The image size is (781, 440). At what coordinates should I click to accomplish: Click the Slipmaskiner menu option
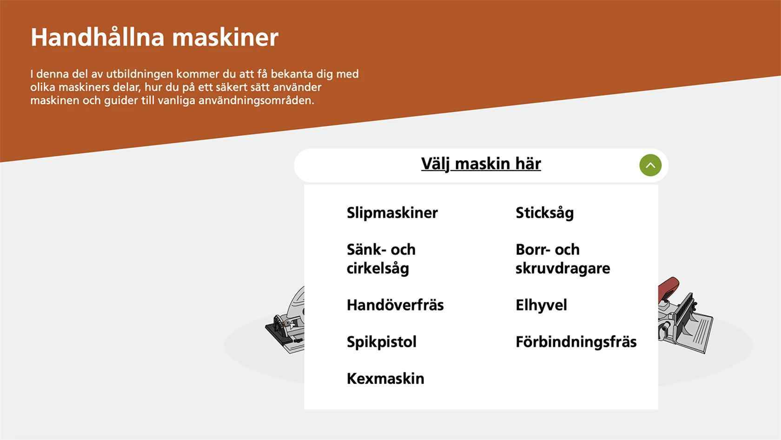coord(392,213)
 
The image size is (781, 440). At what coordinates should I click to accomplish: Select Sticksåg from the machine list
coord(544,213)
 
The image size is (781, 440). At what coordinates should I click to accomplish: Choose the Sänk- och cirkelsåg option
coord(381,259)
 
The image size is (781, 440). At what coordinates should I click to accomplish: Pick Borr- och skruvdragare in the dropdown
coord(563,259)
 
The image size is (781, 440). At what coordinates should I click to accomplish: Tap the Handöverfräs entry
coord(395,305)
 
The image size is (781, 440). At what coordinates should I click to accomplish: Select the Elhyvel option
coord(541,305)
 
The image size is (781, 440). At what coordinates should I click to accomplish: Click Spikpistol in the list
coord(381,342)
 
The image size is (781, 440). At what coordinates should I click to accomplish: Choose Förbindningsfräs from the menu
coord(576,342)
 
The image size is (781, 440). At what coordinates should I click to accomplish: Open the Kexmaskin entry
coord(385,379)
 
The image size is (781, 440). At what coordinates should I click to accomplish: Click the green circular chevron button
coord(650,165)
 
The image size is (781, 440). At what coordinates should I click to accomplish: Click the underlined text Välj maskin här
coord(481,164)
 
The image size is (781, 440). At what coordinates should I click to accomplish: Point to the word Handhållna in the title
coord(97,37)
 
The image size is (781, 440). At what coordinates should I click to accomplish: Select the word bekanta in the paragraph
coord(292,74)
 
